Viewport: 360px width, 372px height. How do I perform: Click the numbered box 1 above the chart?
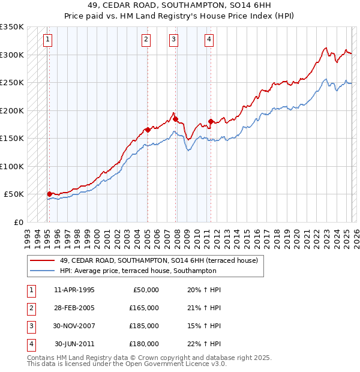pos(47,40)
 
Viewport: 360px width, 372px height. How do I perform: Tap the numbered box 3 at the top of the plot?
pos(173,40)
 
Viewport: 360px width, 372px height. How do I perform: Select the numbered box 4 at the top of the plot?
pos(209,40)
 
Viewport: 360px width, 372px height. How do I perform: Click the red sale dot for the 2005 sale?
pos(148,130)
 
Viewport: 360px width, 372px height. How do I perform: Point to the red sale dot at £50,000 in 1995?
pos(49,194)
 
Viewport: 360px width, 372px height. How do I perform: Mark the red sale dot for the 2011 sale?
pos(211,121)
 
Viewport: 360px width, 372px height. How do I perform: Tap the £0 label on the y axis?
pos(18,222)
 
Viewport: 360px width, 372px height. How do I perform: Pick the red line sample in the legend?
pos(43,260)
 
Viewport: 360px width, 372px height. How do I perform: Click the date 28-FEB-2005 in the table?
pos(74,308)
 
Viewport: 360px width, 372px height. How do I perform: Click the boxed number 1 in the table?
pos(31,290)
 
